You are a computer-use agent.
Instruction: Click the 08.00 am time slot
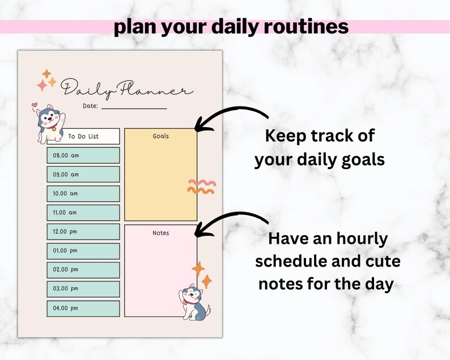coord(83,155)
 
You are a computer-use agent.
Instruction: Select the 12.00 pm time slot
coord(83,232)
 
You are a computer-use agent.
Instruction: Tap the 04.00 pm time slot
coord(83,308)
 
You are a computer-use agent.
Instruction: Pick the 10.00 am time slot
coord(83,193)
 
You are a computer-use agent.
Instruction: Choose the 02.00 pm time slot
coord(83,270)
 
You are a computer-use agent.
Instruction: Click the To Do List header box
coord(84,136)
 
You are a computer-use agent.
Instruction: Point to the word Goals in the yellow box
coord(161,136)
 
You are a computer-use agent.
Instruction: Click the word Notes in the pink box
coord(161,233)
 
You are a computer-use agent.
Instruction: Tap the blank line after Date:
coord(134,107)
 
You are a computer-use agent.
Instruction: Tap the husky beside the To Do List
coord(48,123)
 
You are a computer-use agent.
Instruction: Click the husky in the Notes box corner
coord(194,300)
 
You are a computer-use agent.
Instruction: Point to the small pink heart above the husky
coord(35,105)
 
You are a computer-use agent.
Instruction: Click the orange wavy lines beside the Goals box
coord(202,187)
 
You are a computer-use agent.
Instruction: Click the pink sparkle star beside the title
coord(42,86)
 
